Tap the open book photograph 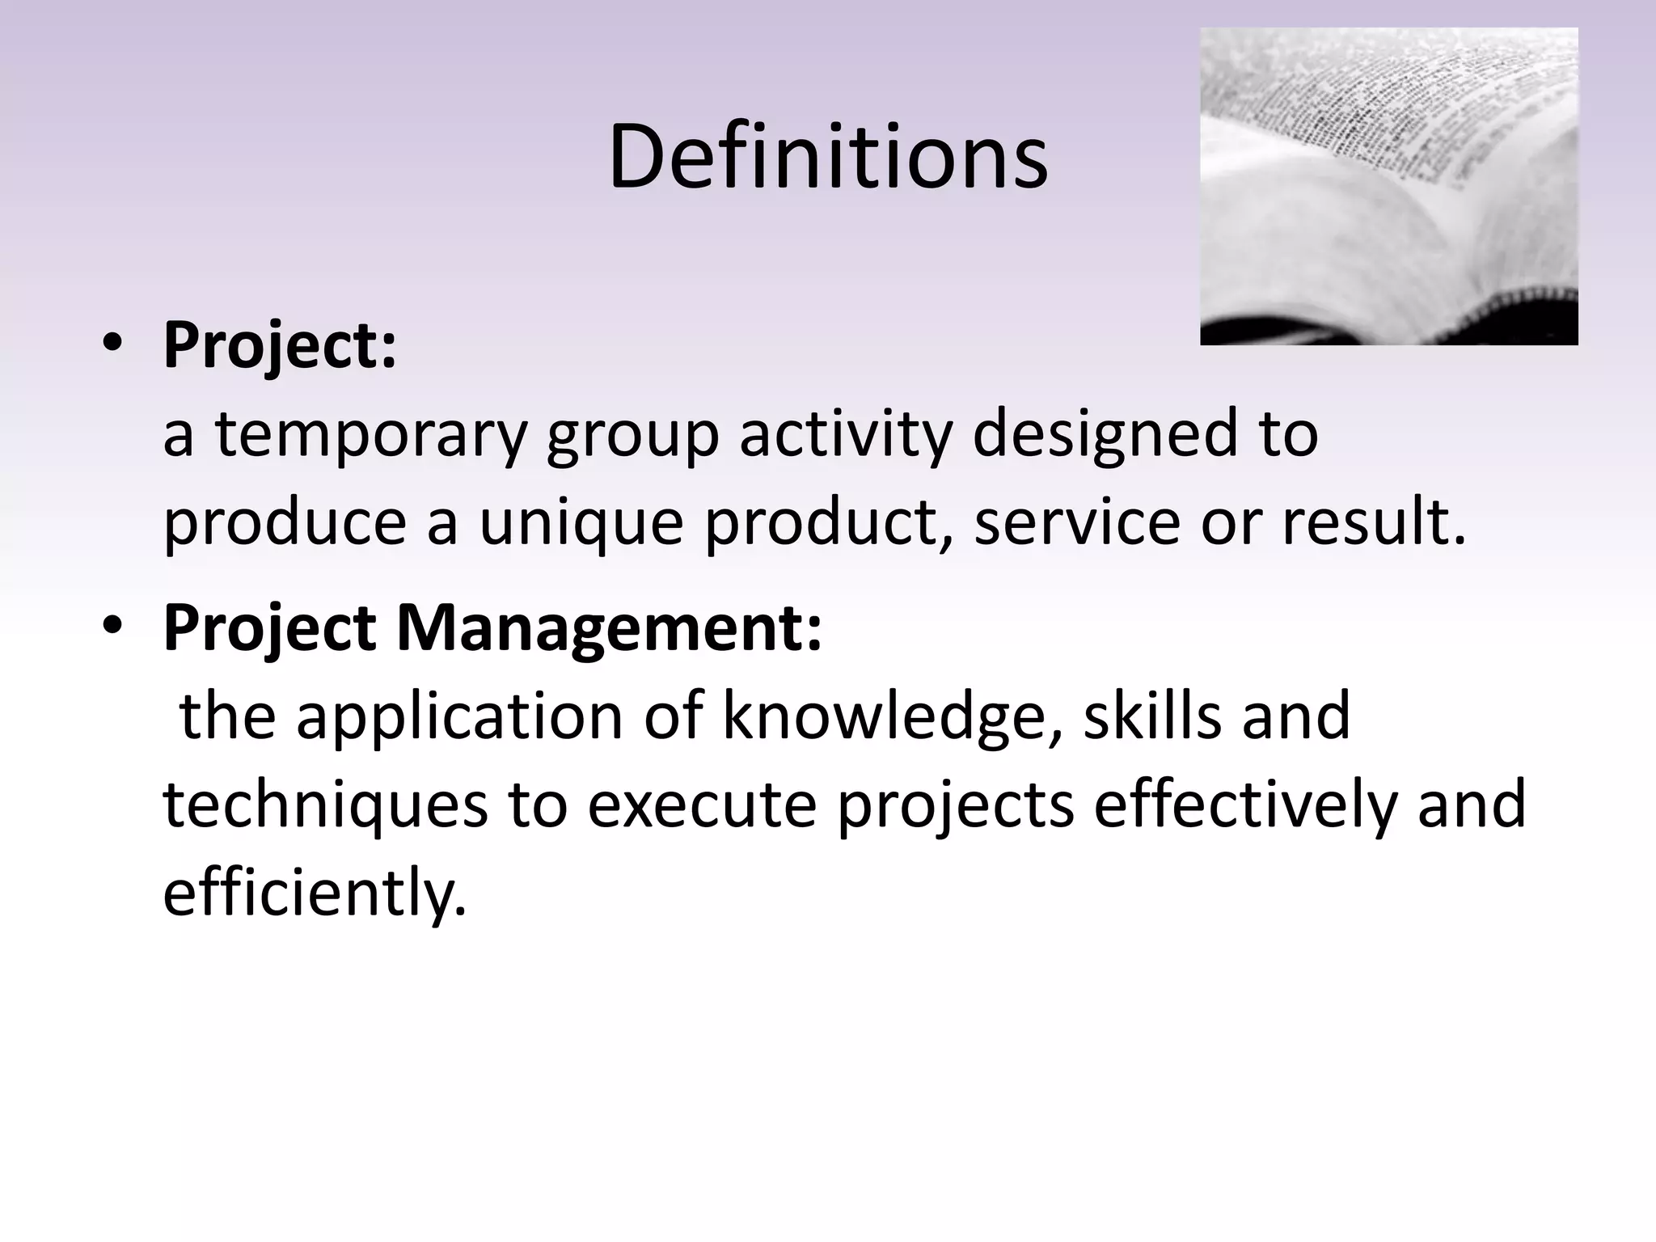pyautogui.click(x=1388, y=186)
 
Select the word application pyautogui.click(x=459, y=717)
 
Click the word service pyautogui.click(x=1077, y=522)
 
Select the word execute pyautogui.click(x=702, y=806)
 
